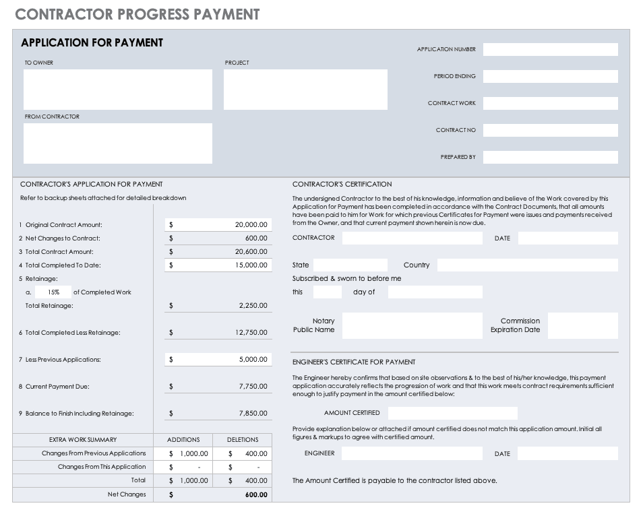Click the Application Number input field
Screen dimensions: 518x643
[550, 49]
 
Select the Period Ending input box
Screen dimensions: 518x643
[550, 76]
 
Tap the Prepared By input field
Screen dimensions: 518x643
[550, 157]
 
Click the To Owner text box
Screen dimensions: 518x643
[117, 90]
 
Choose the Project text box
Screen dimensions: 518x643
[305, 90]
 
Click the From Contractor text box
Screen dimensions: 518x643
[117, 143]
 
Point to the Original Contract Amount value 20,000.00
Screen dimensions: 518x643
[251, 225]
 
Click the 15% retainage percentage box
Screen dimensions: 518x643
[53, 292]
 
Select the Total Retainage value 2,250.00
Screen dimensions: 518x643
[253, 306]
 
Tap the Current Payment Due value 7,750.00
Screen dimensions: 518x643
[253, 387]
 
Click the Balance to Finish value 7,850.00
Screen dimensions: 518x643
[253, 414]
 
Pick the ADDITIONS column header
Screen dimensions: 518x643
[183, 440]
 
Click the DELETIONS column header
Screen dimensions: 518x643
[243, 440]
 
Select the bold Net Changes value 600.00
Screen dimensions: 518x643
[256, 495]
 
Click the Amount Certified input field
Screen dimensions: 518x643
[452, 413]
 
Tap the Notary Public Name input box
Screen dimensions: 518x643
[412, 325]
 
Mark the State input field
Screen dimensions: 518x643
[350, 265]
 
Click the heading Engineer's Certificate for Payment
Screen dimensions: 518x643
[354, 362]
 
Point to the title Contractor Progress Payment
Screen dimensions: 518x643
[137, 14]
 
